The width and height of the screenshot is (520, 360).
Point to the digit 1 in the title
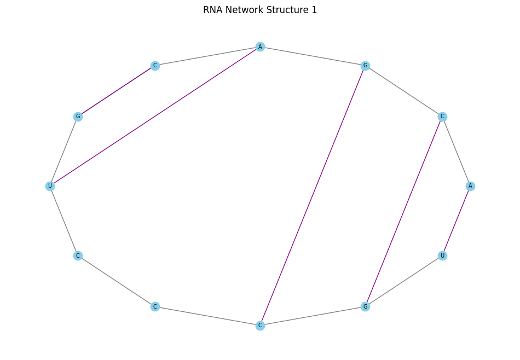314,10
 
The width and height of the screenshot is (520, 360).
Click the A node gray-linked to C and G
260,47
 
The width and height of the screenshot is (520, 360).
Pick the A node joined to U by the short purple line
470,186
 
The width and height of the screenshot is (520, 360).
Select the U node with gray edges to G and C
50,186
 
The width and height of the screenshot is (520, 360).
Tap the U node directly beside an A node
442,256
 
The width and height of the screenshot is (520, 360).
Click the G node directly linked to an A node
365,66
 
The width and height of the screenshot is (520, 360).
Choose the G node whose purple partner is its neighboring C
78,117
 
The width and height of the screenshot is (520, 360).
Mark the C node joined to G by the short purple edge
155,66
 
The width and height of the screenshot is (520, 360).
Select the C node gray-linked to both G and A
442,117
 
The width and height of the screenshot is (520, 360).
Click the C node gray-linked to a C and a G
260,326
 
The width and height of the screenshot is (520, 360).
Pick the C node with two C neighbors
155,306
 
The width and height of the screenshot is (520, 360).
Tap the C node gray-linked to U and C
78,256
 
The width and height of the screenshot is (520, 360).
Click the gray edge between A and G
313,56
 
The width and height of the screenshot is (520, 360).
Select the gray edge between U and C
63,220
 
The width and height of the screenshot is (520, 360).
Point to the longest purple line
313,195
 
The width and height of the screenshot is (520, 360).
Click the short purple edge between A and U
456,220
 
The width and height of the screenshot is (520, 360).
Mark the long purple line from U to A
155,117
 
